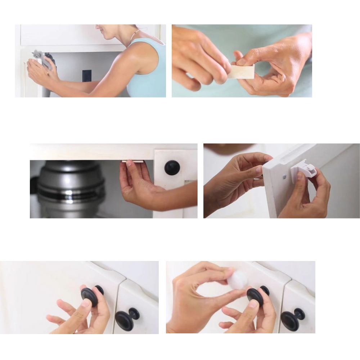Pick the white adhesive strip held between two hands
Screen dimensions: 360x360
[241, 72]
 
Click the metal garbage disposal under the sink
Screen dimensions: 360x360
[70, 189]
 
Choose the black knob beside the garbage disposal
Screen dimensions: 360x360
[172, 168]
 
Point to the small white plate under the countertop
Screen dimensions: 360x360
[132, 161]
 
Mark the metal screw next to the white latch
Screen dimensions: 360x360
[284, 176]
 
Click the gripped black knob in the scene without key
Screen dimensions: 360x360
[90, 295]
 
